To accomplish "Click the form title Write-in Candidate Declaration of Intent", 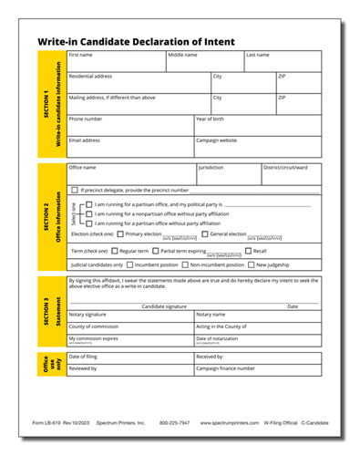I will (136, 42).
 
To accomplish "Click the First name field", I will (116, 62).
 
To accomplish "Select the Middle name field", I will (205, 62).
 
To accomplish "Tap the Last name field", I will (283, 62).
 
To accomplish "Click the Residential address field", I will (139, 83).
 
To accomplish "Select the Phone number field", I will (130, 125).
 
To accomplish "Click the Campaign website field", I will (258, 147).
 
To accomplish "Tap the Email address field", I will (130, 147).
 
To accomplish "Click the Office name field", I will (132, 174).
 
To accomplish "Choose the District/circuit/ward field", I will (292, 174).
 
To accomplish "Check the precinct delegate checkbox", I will (75, 190).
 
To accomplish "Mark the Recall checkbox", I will (248, 250).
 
